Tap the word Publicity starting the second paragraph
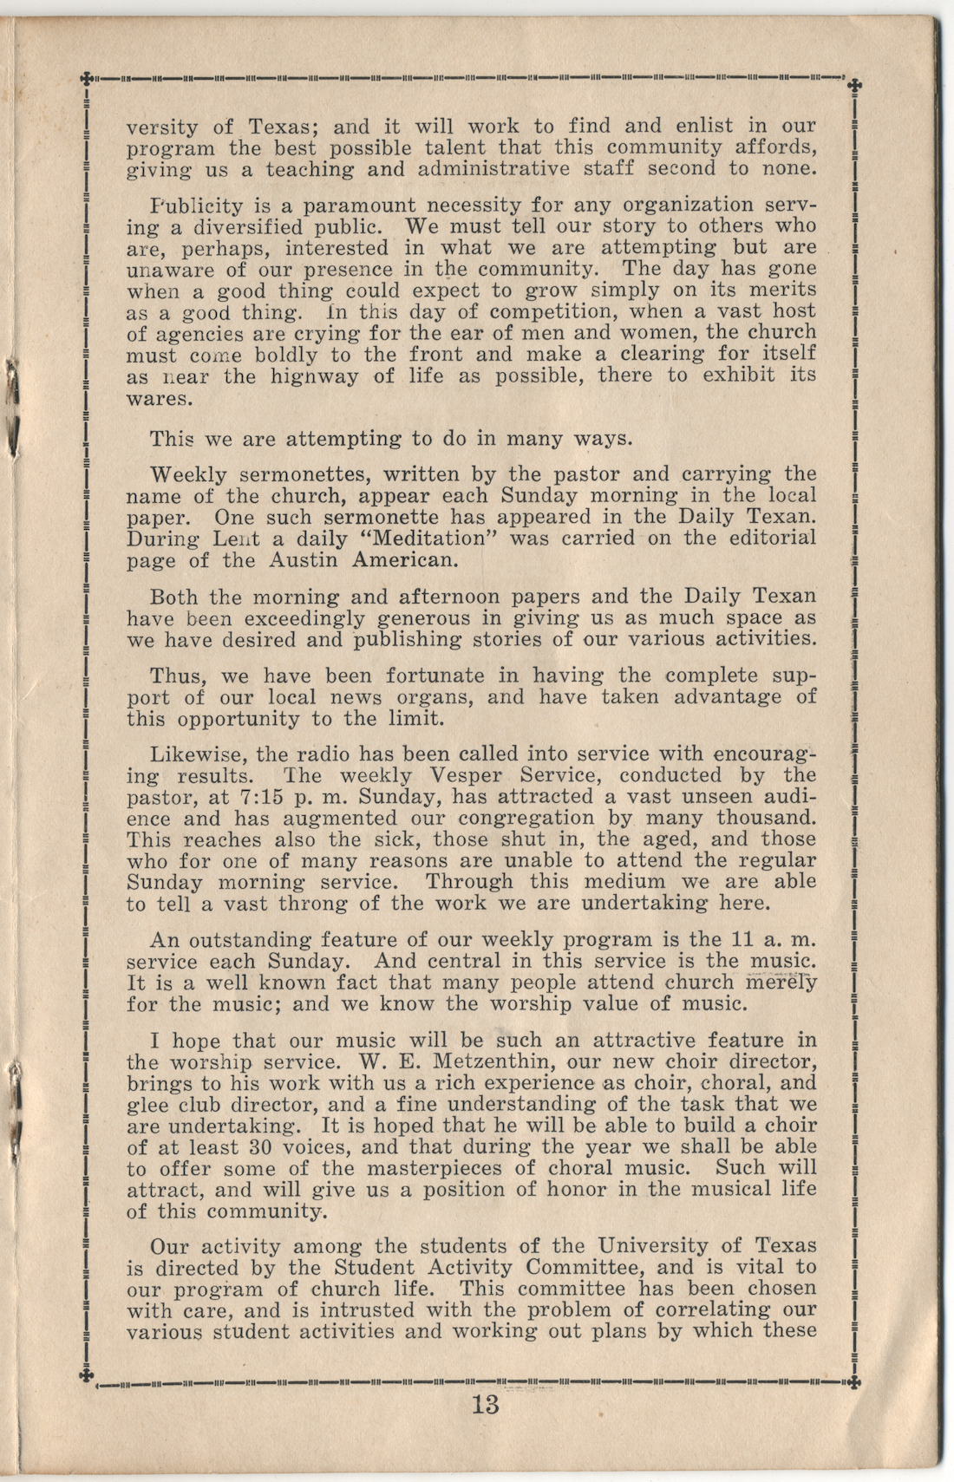pyautogui.click(x=195, y=206)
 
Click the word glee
pyautogui.click(x=147, y=1105)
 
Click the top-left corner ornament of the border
pyautogui.click(x=86, y=78)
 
